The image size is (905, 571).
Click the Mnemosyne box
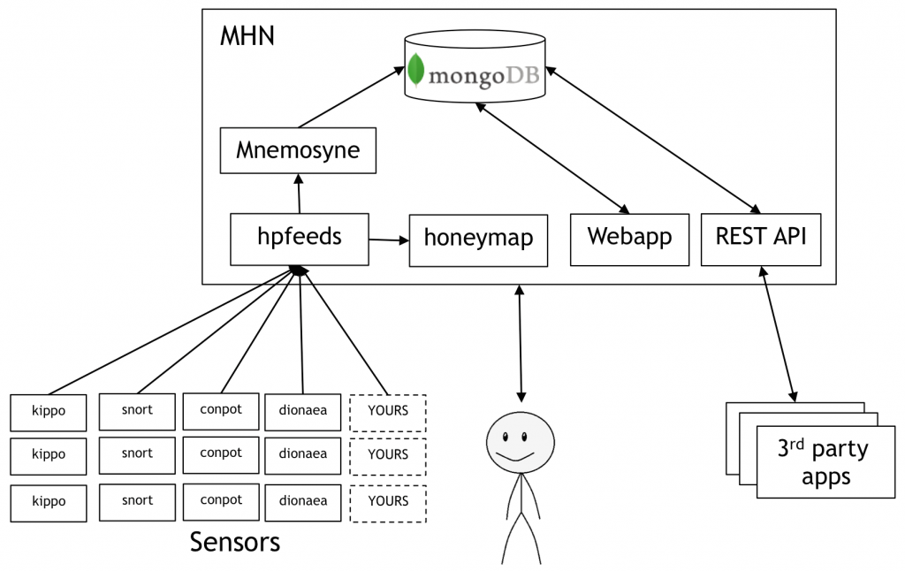(298, 150)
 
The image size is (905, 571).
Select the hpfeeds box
(300, 238)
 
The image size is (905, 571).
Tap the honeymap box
(477, 239)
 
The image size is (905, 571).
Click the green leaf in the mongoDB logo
(416, 71)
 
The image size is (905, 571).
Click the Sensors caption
(234, 541)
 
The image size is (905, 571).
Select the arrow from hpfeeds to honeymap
(389, 240)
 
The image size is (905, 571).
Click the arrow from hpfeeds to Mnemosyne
(300, 193)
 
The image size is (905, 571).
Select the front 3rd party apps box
(813, 462)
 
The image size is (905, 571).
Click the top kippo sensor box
(49, 412)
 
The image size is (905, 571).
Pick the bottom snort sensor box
(137, 501)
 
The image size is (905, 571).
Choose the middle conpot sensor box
(221, 454)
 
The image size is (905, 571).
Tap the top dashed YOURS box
(388, 411)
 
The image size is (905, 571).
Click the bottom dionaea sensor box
(302, 502)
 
